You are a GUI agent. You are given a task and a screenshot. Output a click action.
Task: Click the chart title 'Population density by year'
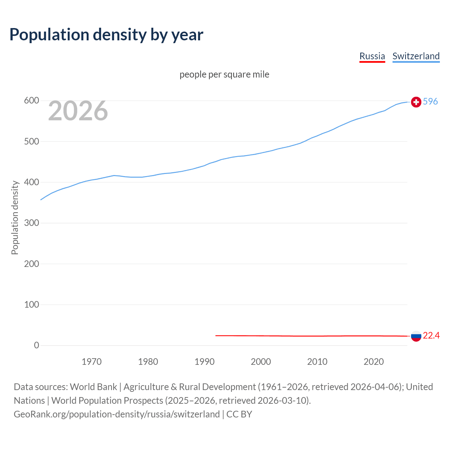pos(106,35)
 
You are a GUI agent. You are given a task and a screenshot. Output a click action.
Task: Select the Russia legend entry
pos(372,56)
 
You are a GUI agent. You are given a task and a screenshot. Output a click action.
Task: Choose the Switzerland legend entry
pos(416,56)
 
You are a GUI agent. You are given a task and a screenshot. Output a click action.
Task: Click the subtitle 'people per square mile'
pos(224,74)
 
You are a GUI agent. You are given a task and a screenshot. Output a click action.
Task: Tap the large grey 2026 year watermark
pos(78,111)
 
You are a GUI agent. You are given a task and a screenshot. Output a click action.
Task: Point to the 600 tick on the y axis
pos(31,101)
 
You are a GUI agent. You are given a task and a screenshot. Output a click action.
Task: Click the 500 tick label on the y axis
pos(31,141)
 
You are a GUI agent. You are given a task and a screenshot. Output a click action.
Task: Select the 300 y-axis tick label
pos(31,223)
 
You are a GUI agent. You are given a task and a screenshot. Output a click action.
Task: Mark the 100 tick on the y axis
pos(31,304)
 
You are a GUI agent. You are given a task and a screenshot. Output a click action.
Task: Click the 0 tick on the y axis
pos(36,345)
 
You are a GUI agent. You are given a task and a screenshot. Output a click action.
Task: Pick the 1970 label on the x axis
pos(92,362)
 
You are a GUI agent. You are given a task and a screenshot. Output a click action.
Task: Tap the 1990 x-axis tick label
pos(205,362)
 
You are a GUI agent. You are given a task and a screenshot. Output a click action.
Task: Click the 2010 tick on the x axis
pos(317,362)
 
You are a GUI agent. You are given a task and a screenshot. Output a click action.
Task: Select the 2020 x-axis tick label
pos(374,362)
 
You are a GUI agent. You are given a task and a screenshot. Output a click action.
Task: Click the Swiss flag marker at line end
pos(416,102)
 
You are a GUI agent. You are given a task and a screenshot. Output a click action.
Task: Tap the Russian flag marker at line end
pos(416,336)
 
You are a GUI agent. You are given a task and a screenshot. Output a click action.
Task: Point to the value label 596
pos(430,101)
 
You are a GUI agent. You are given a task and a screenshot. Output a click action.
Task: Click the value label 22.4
pos(431,336)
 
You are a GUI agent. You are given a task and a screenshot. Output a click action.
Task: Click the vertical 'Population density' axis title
pos(15,217)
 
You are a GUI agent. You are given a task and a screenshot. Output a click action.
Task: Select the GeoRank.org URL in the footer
pos(117,414)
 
